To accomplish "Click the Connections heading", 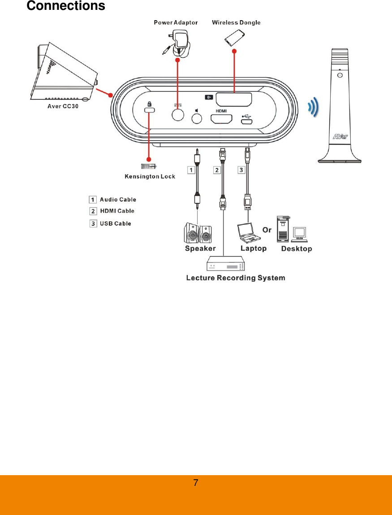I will click(x=66, y=6).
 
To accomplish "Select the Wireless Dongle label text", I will click(x=236, y=22).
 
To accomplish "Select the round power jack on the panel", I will click(x=178, y=115).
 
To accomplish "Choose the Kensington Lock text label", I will click(x=150, y=176).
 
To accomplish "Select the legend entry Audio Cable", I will click(x=117, y=200).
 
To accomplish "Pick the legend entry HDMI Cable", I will click(x=116, y=211).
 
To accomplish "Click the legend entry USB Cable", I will click(x=115, y=223).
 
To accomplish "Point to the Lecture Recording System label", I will click(x=236, y=278).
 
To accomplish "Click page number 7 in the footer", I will click(x=196, y=483).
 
